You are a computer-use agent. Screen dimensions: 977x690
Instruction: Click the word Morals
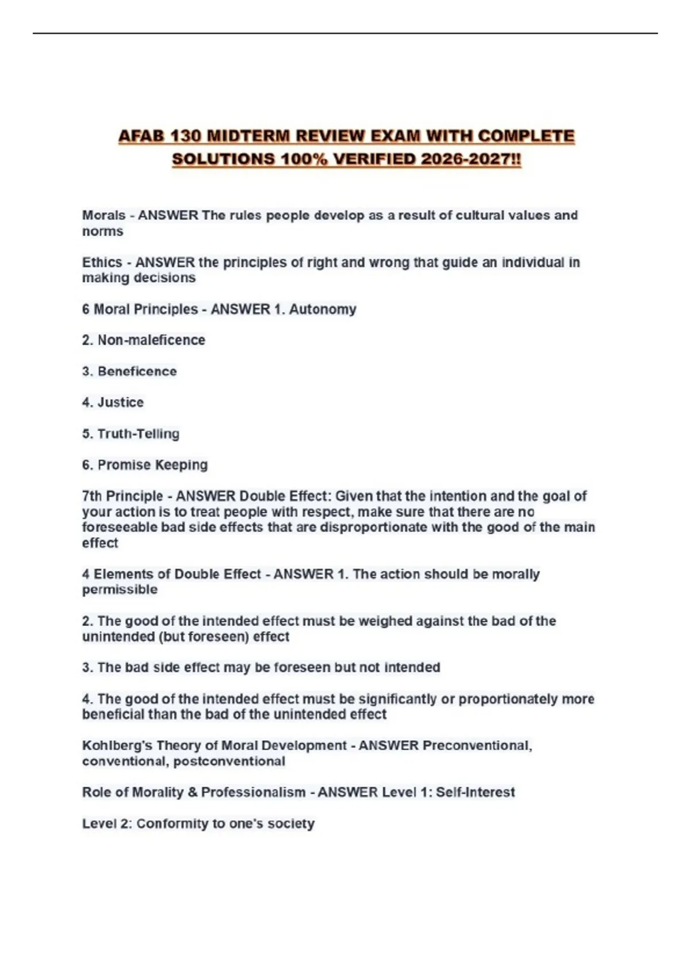click(103, 215)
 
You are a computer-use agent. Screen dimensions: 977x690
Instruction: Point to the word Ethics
click(102, 262)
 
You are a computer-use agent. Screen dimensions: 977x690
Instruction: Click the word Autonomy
click(323, 309)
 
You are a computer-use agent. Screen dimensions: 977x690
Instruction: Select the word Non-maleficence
click(151, 340)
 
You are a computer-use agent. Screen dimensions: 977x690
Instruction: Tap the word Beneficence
click(137, 371)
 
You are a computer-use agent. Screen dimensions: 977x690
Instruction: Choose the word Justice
click(120, 402)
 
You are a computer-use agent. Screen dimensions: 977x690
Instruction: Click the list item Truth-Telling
click(138, 433)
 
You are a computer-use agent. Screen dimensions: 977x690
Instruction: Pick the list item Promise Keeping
click(152, 464)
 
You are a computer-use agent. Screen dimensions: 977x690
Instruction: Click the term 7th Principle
click(122, 496)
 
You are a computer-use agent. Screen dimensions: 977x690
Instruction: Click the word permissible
click(120, 590)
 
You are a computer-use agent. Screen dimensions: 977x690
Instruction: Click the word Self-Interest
click(475, 792)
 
